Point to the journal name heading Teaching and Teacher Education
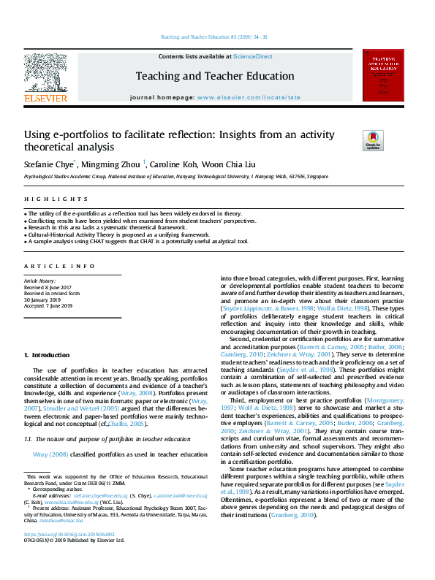pos(215,76)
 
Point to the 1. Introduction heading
pos(47,354)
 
